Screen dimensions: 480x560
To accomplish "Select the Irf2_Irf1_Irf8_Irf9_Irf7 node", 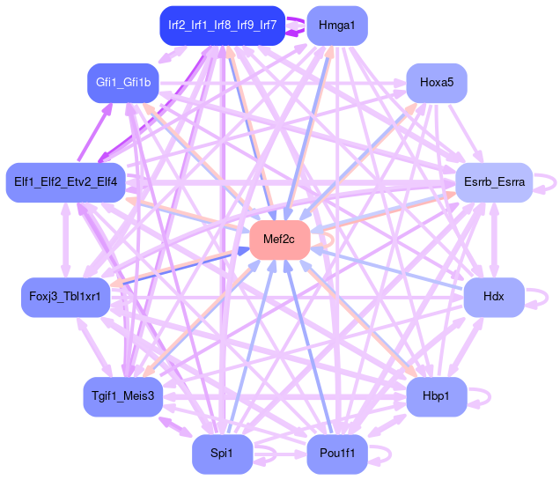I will point(222,26).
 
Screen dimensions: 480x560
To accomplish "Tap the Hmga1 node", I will point(337,26).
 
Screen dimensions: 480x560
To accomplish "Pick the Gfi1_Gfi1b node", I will point(123,83).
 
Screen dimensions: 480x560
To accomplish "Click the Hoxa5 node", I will point(436,83).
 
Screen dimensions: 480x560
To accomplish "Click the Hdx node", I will point(494,297).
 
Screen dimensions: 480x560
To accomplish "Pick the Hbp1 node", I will point(436,396).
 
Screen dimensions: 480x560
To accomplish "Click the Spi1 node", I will point(222,454).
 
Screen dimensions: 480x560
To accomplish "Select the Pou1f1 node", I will point(337,454).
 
